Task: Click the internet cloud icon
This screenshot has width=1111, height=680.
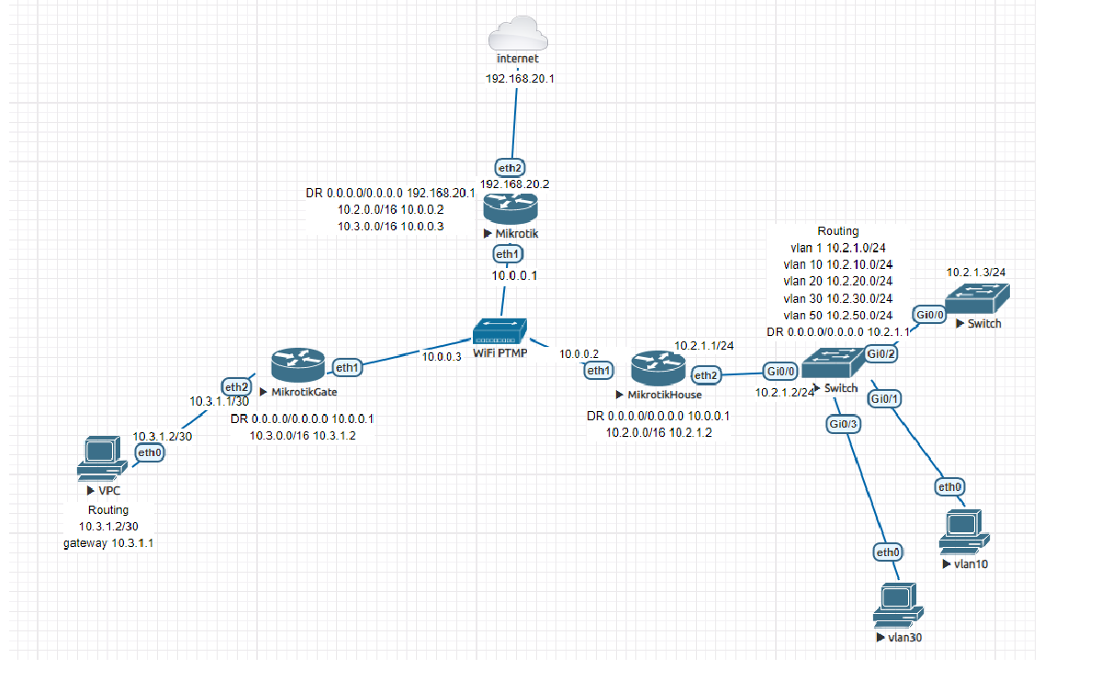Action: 519,33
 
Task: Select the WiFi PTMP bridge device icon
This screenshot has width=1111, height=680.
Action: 500,332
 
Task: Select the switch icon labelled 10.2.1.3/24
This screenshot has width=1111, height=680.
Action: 978,299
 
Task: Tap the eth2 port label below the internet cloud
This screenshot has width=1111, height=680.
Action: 511,168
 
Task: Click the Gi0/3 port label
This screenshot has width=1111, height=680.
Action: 844,424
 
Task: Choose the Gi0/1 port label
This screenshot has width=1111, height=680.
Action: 884,399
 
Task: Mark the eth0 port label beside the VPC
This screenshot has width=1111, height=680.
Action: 150,452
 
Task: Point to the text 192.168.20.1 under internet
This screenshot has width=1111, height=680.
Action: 520,79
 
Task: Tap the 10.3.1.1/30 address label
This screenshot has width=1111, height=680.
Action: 219,401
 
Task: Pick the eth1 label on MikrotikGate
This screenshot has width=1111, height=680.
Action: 348,368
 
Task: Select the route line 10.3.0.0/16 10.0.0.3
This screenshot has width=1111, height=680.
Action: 391,226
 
